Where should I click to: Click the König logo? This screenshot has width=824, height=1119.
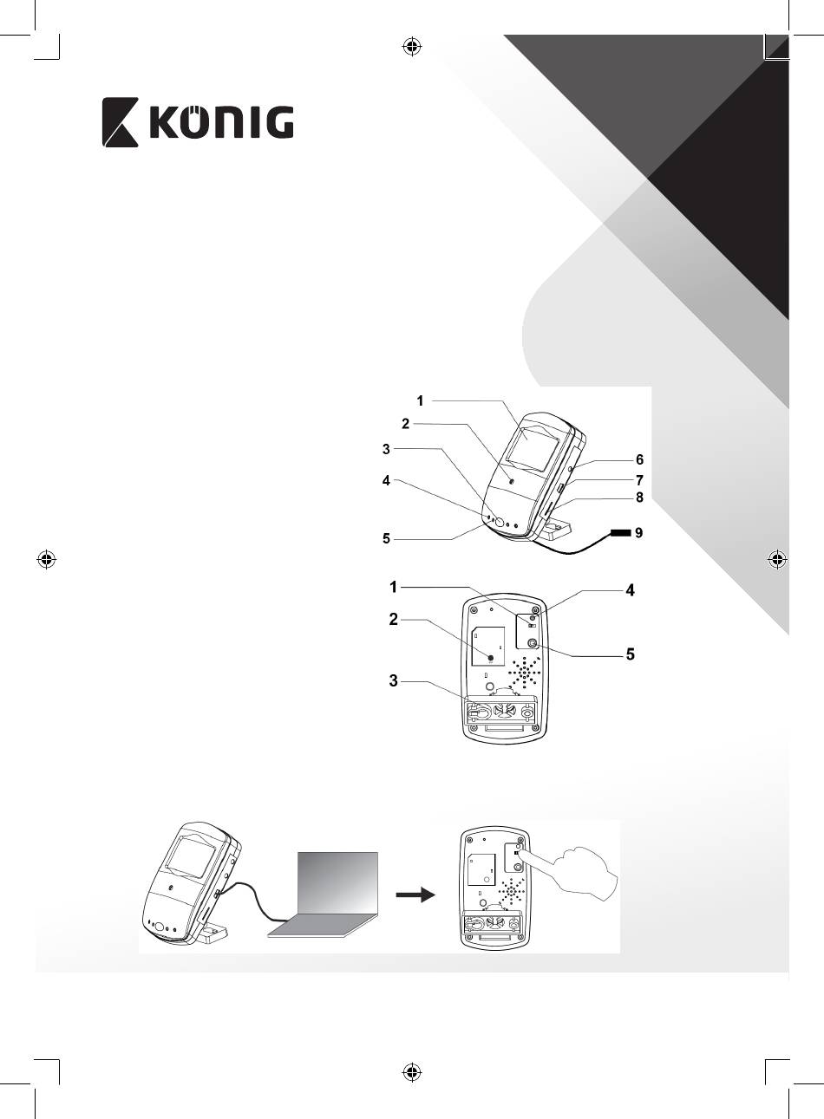(198, 122)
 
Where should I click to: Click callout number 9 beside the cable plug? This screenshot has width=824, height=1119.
(639, 533)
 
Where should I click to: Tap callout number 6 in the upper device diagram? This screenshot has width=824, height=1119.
(639, 459)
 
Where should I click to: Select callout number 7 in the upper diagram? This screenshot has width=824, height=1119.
(639, 480)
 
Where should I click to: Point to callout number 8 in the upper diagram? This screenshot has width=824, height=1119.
(639, 498)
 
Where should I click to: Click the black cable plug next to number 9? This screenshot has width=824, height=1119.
(620, 533)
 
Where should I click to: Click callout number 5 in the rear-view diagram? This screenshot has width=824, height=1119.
(631, 654)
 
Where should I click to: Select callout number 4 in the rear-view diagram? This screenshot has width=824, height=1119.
(631, 590)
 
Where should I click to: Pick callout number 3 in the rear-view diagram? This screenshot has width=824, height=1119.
(394, 681)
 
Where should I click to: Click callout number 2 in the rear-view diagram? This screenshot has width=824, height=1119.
(394, 620)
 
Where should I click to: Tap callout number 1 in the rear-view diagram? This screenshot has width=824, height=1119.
(394, 587)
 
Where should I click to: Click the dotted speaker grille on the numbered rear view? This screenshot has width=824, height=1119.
(525, 672)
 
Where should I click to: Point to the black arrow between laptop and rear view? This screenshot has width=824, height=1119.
(415, 895)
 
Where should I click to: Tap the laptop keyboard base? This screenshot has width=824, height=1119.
(323, 926)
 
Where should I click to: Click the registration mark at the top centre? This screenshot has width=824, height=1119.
(412, 47)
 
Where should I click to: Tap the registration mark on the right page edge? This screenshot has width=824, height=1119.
(777, 560)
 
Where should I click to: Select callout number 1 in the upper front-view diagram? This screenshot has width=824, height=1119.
(421, 400)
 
